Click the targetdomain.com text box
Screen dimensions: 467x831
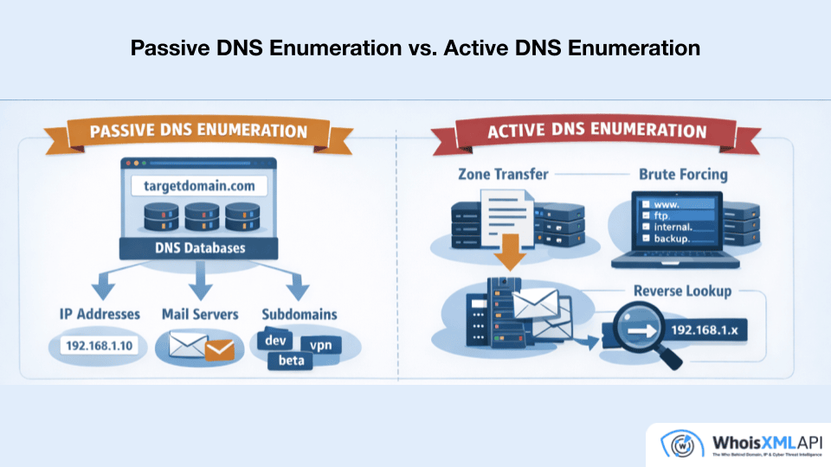coord(199,185)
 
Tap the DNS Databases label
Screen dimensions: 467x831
coord(199,247)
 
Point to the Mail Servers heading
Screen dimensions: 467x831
coord(199,314)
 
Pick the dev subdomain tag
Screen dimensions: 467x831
coord(275,340)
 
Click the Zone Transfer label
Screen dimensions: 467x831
coord(503,174)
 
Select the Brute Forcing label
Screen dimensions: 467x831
coord(683,174)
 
